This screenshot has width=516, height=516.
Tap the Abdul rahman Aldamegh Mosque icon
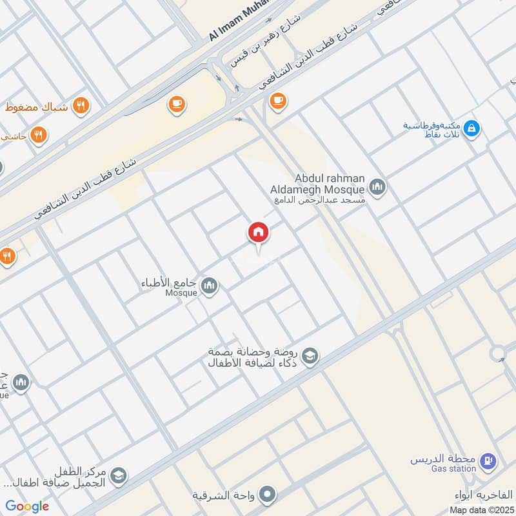(x=377, y=188)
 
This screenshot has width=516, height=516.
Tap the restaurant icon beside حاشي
(x=39, y=135)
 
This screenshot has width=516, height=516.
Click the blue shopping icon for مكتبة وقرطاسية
(x=471, y=129)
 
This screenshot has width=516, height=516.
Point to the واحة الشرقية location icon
(x=269, y=495)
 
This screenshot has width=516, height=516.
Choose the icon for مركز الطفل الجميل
(x=118, y=476)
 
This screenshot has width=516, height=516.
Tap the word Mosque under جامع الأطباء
(x=180, y=293)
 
